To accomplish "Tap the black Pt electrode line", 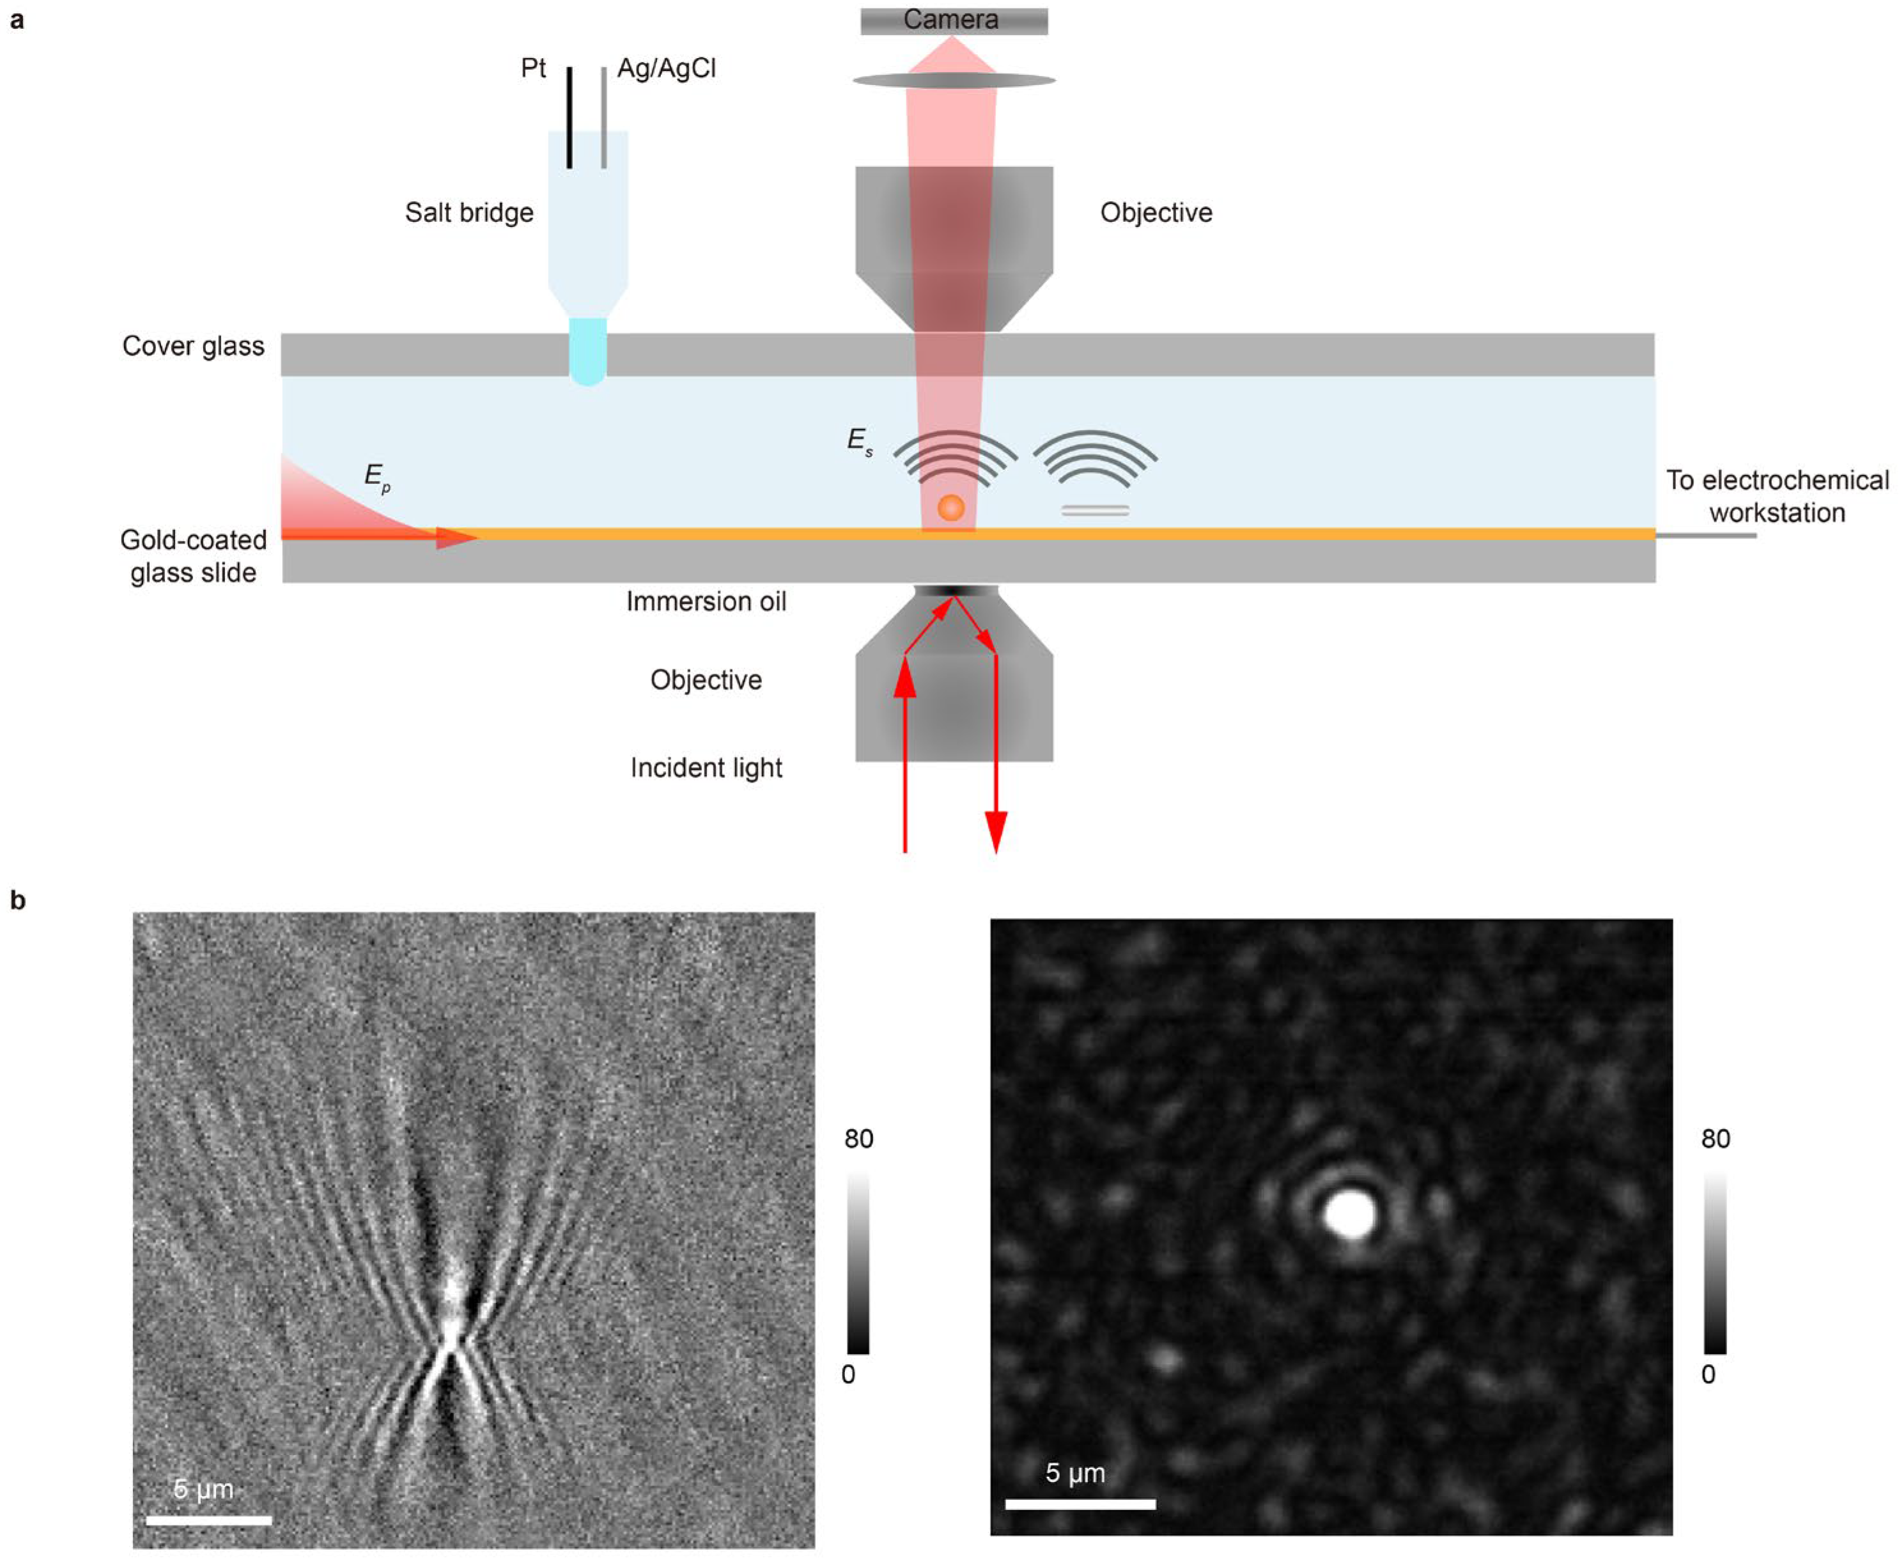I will click(569, 116).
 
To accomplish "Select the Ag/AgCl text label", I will click(667, 69).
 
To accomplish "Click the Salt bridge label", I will click(469, 213).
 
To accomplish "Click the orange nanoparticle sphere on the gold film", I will click(951, 507).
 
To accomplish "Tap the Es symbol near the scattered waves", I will click(859, 440).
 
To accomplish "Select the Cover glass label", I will click(193, 347).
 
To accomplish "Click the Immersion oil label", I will click(706, 602).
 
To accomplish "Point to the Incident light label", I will click(706, 768).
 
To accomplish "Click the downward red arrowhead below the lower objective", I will click(996, 831).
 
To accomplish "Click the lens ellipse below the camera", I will click(954, 81).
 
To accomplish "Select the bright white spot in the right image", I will click(1350, 1213).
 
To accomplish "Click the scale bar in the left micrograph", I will click(208, 1520).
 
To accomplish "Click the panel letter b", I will click(18, 901).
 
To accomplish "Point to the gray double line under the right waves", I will click(1096, 511).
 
